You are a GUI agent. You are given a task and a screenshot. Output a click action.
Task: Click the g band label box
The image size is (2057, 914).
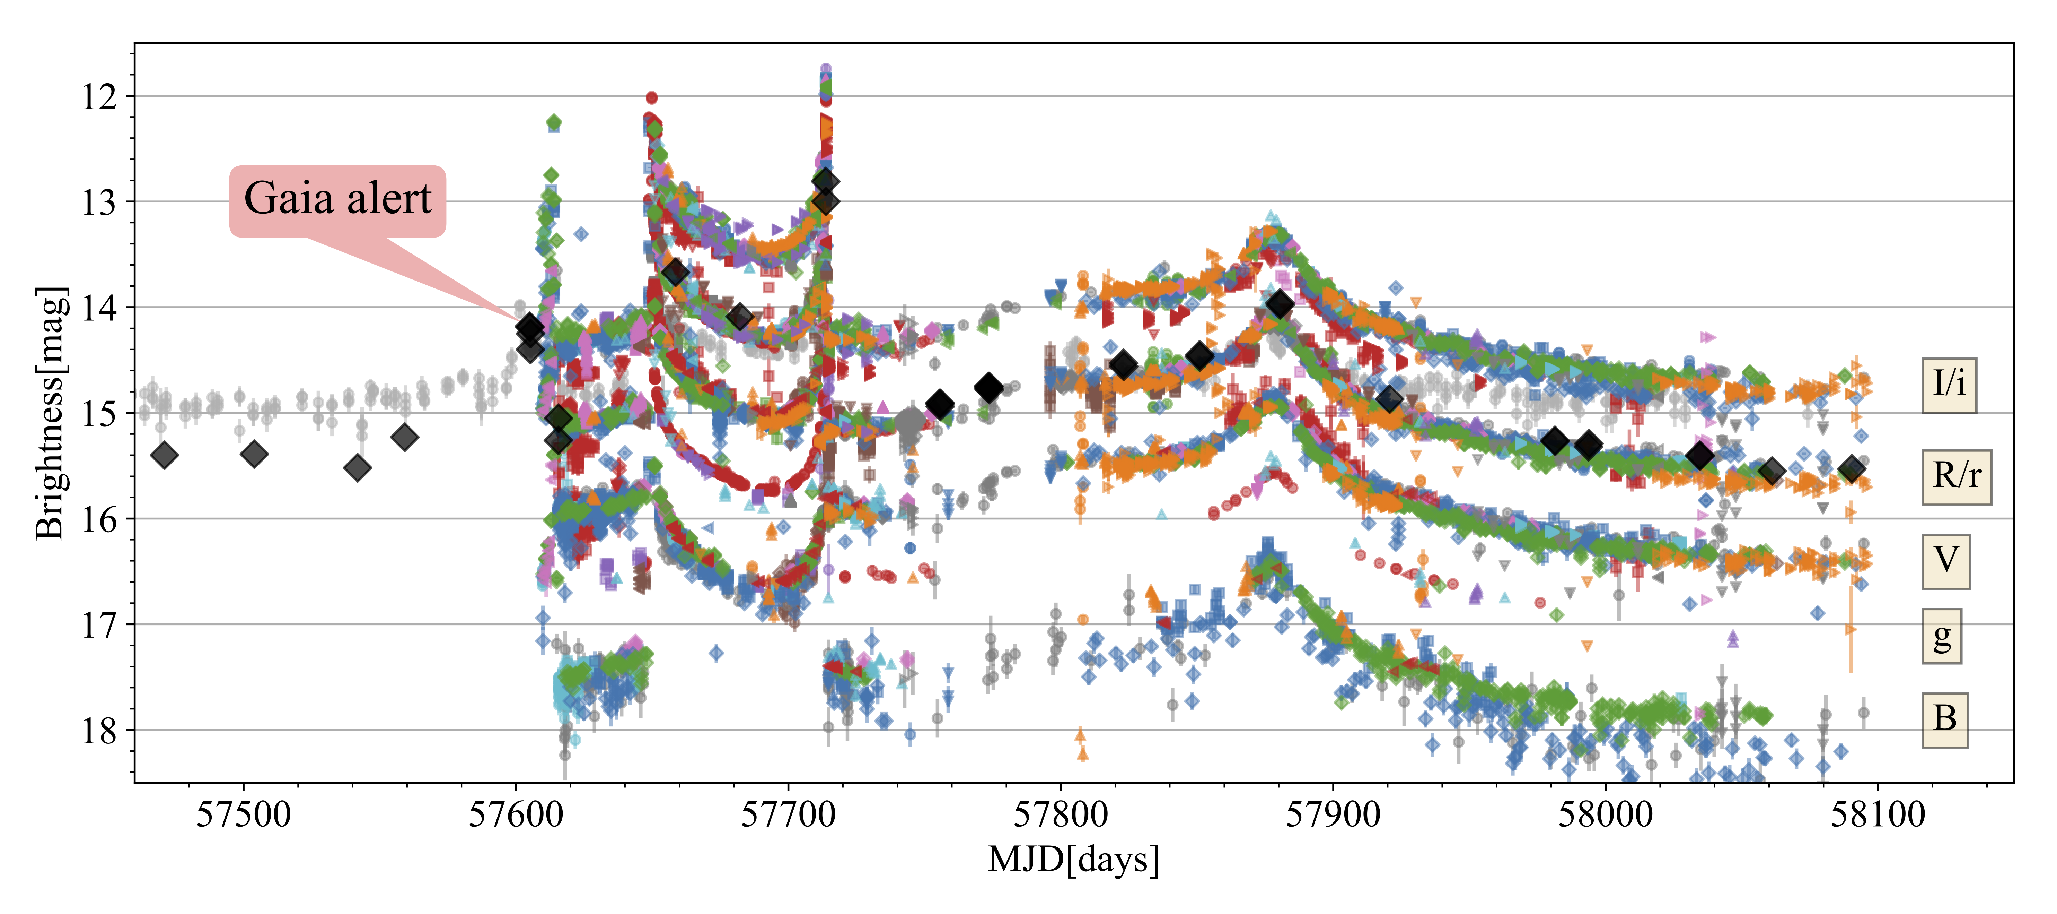[x=1941, y=637]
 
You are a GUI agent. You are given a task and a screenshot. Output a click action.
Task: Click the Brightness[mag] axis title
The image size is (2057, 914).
[x=50, y=413]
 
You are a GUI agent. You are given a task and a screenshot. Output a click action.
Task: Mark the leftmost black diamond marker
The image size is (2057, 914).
[x=165, y=455]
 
